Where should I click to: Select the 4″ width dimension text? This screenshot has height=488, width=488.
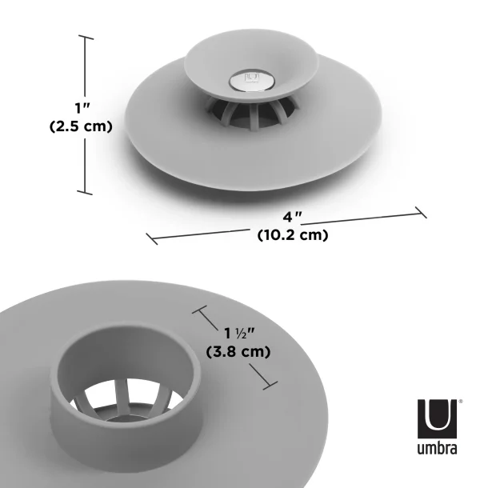(291, 217)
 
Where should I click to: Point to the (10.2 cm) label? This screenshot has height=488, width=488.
(293, 235)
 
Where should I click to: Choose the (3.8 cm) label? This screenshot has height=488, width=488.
(238, 351)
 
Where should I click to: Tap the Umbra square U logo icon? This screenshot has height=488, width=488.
(437, 416)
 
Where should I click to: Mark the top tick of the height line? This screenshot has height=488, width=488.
(86, 38)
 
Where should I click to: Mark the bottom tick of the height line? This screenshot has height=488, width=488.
(86, 192)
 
